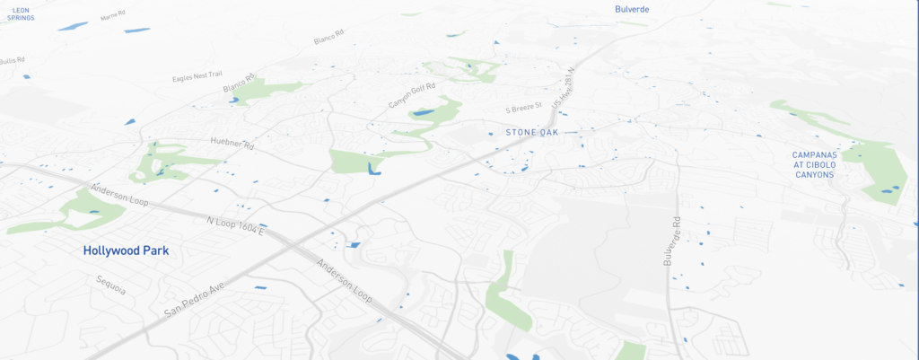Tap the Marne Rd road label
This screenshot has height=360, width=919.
click(112, 16)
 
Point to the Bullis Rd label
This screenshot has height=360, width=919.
click(12, 60)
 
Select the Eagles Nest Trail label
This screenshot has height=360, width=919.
click(197, 77)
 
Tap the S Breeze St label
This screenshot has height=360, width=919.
click(525, 109)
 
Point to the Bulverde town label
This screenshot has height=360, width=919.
click(632, 9)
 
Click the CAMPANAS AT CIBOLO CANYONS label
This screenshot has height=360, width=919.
click(813, 164)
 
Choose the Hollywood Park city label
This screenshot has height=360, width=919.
click(126, 251)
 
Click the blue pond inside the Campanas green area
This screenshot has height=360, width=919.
click(888, 189)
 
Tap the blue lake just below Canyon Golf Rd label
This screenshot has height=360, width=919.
click(422, 113)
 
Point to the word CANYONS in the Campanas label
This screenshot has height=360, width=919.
click(813, 174)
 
